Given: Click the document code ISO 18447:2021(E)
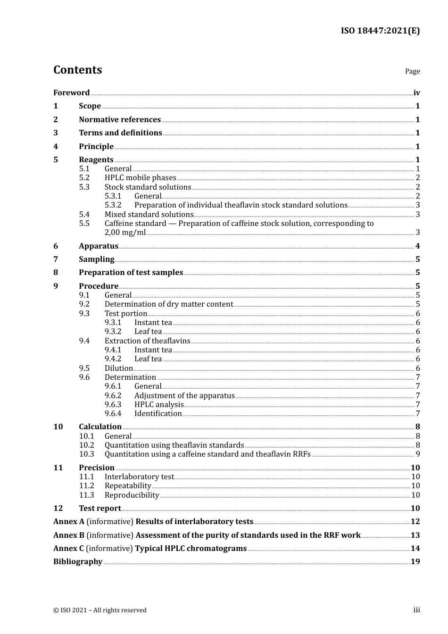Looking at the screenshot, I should (x=380, y=31).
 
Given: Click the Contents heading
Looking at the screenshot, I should (x=77, y=70).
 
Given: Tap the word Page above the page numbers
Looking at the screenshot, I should (x=412, y=71).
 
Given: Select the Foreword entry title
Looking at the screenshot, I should (x=71, y=93).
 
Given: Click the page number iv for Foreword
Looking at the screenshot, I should (x=416, y=93).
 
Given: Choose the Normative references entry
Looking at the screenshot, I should (x=120, y=120).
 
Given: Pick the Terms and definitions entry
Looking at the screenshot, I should (x=120, y=133).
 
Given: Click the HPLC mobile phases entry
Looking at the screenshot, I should (x=140, y=178).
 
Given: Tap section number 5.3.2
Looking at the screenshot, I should (x=113, y=205).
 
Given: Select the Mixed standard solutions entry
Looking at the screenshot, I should (x=149, y=215).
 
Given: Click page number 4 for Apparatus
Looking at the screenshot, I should (x=417, y=246).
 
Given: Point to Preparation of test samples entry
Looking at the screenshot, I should (x=131, y=273).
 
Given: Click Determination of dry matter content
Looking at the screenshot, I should (x=169, y=304).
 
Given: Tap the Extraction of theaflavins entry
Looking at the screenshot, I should (x=147, y=341).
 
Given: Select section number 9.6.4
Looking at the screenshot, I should (x=113, y=414).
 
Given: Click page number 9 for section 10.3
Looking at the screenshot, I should (x=417, y=454).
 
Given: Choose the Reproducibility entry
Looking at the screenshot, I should (x=132, y=495).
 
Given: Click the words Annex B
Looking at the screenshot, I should (x=69, y=535).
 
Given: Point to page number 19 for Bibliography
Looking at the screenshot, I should (x=415, y=562).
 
